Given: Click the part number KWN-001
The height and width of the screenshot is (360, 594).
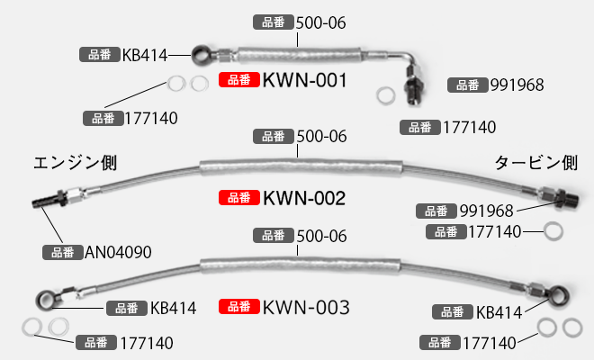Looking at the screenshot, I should tap(305, 81).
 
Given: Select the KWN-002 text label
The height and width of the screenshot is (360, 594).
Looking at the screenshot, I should tap(305, 197).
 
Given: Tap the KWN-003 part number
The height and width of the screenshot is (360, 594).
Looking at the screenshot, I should tap(305, 308).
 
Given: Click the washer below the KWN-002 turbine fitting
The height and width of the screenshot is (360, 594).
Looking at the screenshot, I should tap(555, 232).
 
